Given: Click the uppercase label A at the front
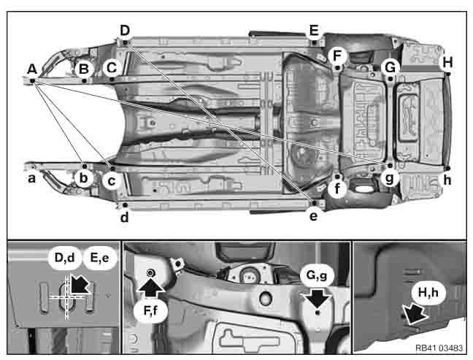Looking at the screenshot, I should click(31, 69).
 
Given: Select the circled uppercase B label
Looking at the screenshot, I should click(85, 69).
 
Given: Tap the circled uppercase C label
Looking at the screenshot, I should click(111, 68).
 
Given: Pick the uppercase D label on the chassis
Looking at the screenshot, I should click(125, 30).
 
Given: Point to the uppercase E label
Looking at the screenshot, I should click(314, 30).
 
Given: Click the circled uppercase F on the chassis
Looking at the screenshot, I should click(337, 55).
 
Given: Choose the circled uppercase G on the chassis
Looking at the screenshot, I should click(391, 67).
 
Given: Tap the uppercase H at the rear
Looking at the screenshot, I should click(447, 63).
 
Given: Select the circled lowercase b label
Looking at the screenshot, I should click(85, 178).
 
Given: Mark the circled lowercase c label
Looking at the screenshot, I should click(111, 179).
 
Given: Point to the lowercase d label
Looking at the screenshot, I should click(125, 217).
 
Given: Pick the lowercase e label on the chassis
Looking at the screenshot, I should click(314, 216).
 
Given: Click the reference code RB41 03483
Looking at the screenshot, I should click(440, 348).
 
